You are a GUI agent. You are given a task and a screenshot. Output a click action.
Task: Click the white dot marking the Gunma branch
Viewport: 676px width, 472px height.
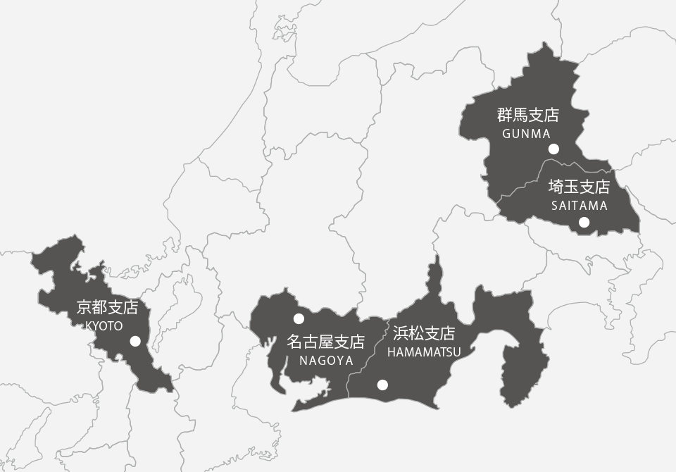coord(553,149)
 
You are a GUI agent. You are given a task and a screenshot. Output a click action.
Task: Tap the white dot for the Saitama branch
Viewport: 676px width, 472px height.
coord(584,223)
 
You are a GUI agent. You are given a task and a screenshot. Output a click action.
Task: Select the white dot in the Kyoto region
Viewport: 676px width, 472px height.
coord(135,341)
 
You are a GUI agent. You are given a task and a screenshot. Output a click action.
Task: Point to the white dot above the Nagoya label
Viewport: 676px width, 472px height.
coord(299,318)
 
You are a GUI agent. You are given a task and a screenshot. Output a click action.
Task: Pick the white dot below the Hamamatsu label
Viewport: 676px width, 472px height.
coord(382,385)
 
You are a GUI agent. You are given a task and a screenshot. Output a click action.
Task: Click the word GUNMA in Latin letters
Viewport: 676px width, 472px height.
coord(526,133)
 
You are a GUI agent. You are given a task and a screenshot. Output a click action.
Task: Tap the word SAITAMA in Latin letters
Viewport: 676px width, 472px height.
coord(579,206)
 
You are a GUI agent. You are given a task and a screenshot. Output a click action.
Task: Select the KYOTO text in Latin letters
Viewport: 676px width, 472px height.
coord(104,325)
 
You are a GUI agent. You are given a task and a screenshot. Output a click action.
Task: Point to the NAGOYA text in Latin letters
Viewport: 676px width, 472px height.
coord(326,360)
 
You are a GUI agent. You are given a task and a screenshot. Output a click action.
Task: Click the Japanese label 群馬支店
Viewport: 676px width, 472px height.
coord(527,116)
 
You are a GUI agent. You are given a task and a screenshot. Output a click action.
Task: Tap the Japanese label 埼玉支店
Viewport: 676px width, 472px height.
coord(579,187)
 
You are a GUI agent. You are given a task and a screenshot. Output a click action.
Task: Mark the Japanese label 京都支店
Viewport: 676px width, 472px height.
coord(107,308)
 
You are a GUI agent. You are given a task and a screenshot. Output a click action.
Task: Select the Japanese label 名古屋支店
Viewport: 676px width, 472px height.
coord(326,342)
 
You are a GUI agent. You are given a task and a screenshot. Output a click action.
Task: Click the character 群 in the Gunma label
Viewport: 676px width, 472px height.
coord(505,116)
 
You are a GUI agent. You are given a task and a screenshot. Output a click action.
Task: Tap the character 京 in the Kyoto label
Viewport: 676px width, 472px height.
coord(84,308)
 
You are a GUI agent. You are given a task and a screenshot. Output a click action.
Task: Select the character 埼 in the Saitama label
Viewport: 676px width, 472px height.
coord(556,187)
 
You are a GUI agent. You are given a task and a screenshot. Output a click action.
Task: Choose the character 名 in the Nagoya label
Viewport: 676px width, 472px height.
coord(295,342)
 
